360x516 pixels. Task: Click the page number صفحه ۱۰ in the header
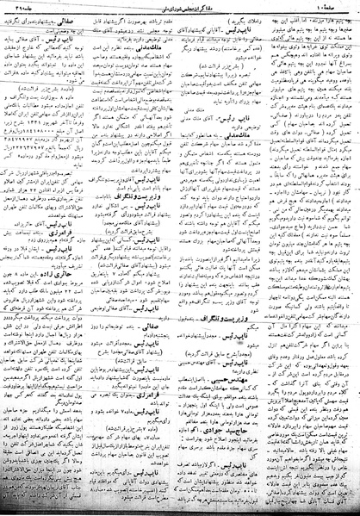(x=332, y=7)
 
